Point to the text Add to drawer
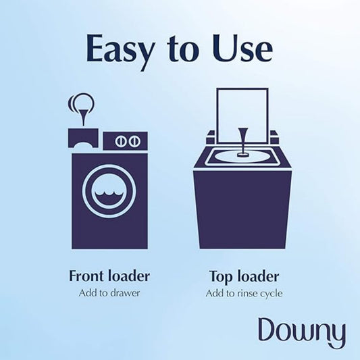click(x=109, y=293)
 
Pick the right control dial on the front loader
click(x=134, y=141)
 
